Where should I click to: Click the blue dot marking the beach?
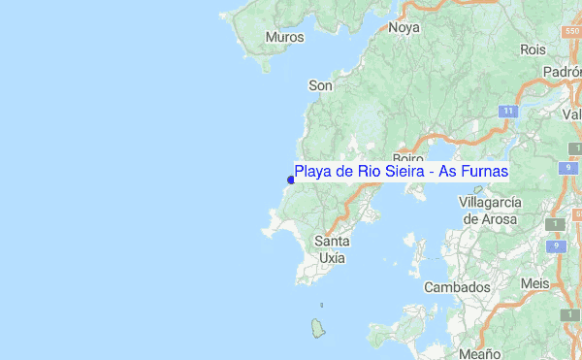tap(291, 179)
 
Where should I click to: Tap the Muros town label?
tap(284, 38)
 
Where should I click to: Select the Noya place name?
tap(404, 28)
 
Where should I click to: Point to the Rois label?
tap(533, 49)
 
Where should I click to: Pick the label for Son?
tap(320, 85)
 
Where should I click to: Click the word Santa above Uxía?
tap(333, 241)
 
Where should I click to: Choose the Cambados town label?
tap(457, 288)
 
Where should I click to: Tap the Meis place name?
tap(534, 282)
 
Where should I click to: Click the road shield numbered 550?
tap(571, 32)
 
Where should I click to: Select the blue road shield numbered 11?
tap(507, 112)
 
